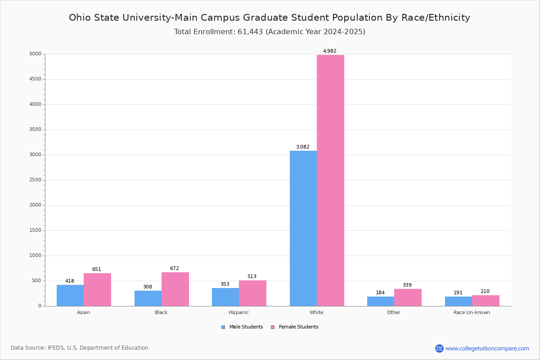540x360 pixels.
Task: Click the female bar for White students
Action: click(330, 180)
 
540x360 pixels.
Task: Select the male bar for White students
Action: click(303, 228)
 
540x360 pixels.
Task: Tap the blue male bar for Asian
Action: click(70, 295)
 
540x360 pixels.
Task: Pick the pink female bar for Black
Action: click(175, 289)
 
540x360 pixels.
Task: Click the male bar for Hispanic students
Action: click(225, 297)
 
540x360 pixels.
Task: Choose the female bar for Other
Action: click(408, 297)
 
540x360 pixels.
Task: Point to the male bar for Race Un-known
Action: click(459, 301)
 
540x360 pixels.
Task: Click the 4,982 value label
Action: click(329, 51)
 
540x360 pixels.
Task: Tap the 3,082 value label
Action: click(302, 147)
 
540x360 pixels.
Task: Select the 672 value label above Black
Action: click(175, 269)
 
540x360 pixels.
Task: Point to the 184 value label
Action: click(380, 293)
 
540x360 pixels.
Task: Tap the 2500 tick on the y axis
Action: click(35, 180)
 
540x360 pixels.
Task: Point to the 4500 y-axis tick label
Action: click(35, 79)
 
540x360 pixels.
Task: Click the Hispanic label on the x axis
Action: click(238, 312)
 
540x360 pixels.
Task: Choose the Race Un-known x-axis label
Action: click(472, 312)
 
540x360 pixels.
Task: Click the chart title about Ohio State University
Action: click(270, 18)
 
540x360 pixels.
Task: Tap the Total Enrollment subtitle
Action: click(270, 32)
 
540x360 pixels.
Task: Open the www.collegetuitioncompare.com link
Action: click(487, 348)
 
